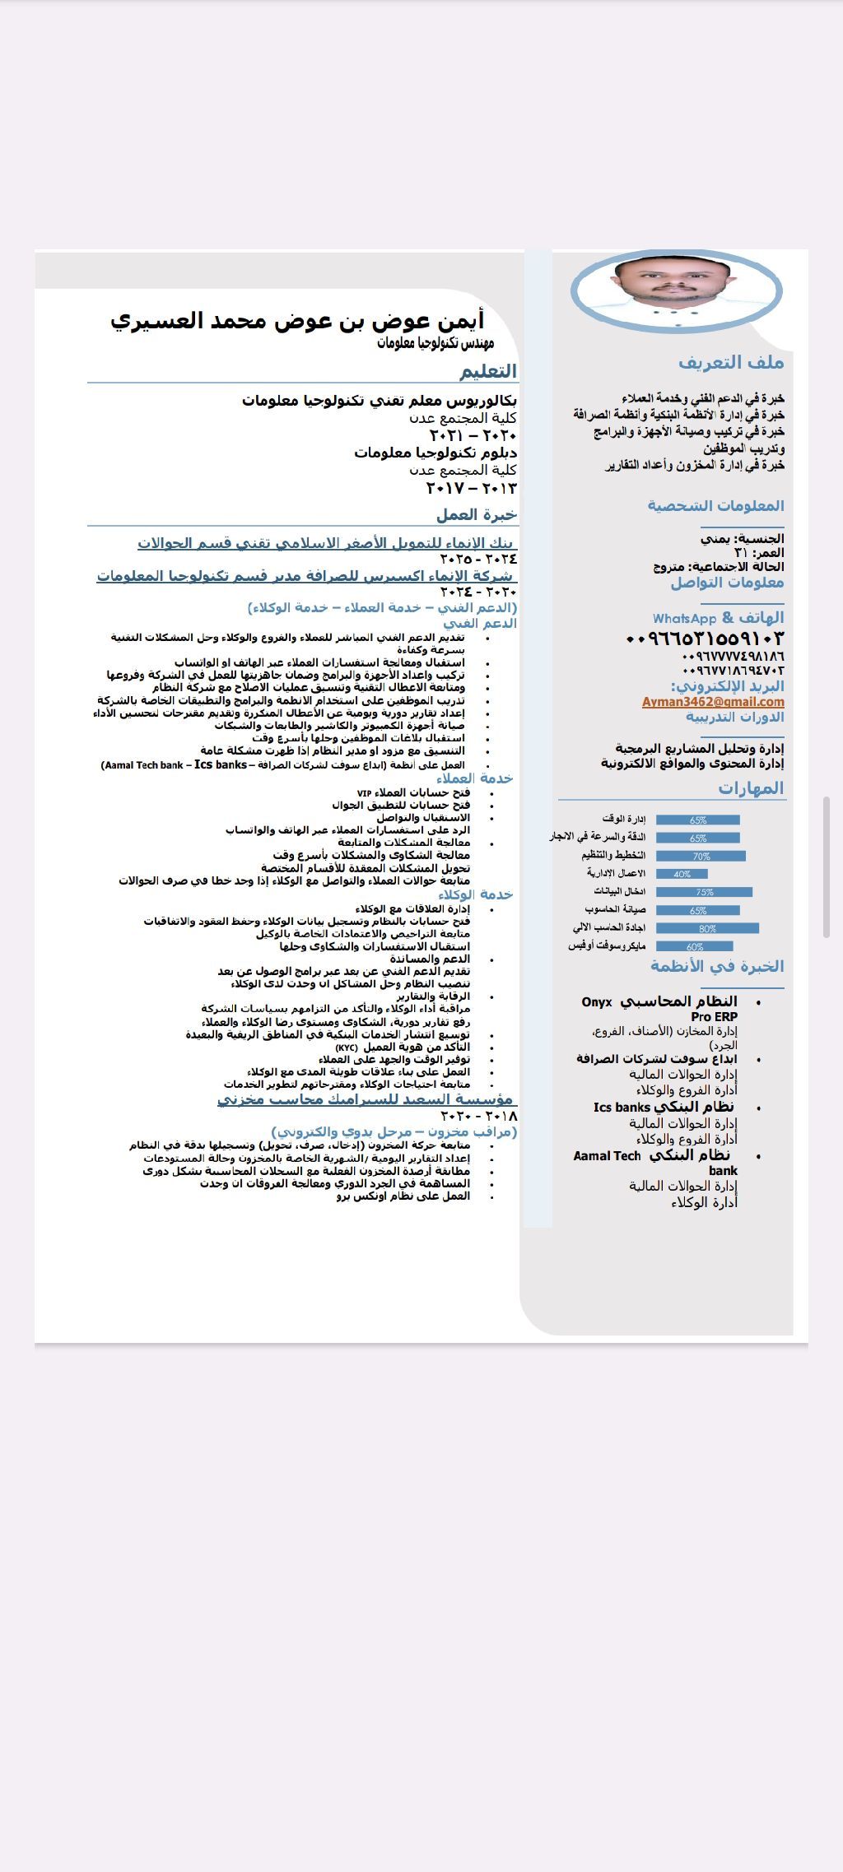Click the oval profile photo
(x=676, y=290)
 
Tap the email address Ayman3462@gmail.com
(x=713, y=702)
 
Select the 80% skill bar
(x=707, y=928)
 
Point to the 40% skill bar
(x=682, y=874)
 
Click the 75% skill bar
(x=704, y=892)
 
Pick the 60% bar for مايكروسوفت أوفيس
(x=694, y=946)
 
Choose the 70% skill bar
(x=701, y=856)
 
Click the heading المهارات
(x=751, y=788)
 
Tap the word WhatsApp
(x=684, y=619)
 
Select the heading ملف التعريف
(x=731, y=362)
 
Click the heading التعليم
(x=488, y=371)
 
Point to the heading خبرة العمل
(x=477, y=515)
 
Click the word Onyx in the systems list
(x=597, y=1002)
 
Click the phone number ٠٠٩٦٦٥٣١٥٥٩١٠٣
(x=705, y=639)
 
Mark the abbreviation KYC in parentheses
(x=346, y=1047)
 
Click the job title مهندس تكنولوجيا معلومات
(x=435, y=342)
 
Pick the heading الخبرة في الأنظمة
(x=717, y=966)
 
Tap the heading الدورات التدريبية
(x=735, y=717)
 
